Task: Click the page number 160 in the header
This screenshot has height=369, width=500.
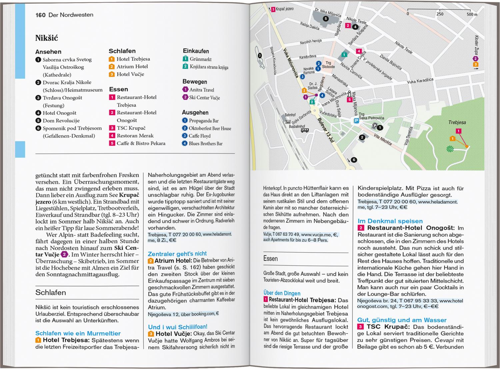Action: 40,15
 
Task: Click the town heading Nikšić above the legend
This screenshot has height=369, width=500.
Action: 47,38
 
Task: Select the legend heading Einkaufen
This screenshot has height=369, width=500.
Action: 196,51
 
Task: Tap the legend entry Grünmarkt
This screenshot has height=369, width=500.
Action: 200,59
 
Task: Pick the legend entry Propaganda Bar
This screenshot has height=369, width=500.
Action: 203,121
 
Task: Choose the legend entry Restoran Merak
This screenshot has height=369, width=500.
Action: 135,136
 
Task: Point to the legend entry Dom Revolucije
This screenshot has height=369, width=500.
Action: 61,121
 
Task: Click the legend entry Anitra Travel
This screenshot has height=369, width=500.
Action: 201,90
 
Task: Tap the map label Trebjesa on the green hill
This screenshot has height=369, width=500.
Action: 457,123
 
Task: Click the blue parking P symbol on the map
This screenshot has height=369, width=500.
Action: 356,121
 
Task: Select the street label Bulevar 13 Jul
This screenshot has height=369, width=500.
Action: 326,130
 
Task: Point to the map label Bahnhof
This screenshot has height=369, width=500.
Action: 290,115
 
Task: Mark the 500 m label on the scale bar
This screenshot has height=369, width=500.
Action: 472,14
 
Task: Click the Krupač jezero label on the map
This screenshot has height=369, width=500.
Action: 284,9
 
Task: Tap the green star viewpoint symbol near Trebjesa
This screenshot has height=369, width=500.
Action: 450,149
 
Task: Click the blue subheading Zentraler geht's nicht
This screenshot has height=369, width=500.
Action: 177,254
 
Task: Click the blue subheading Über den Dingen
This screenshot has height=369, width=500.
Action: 282,293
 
